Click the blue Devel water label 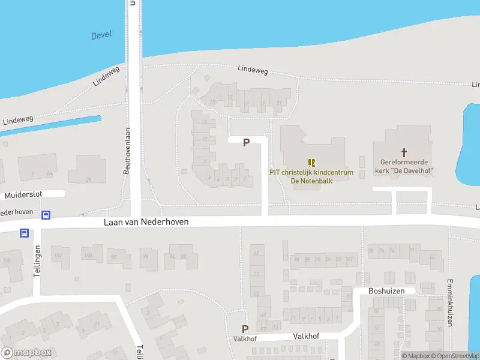(x=101, y=35)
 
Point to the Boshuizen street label (x=384, y=290)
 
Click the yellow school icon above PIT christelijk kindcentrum (x=311, y=162)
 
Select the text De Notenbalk (x=311, y=181)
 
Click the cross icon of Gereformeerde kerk (x=404, y=152)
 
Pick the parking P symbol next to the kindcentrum (x=246, y=142)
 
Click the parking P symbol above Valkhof (x=245, y=329)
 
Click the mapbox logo (x=26, y=352)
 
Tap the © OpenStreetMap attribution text (x=454, y=356)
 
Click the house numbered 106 (x=7, y=260)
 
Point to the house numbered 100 (x=88, y=256)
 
